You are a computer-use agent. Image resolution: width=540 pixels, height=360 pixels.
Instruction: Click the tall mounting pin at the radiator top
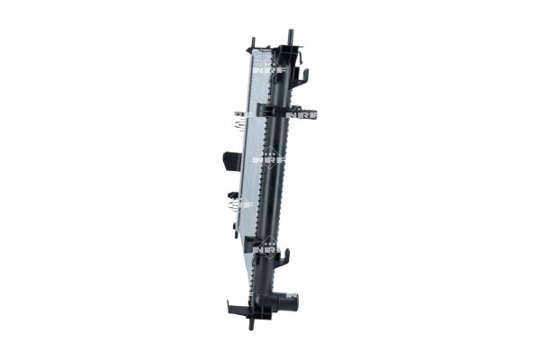[291, 38]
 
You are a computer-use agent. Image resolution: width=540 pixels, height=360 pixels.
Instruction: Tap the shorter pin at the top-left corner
[253, 43]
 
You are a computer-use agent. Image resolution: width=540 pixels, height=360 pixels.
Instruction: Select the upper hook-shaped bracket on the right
[303, 79]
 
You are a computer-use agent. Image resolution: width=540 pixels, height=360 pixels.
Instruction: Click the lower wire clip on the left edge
[236, 203]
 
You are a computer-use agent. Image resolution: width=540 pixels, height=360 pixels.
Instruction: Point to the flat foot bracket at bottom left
[236, 309]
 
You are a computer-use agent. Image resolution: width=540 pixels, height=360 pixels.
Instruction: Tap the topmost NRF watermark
[265, 67]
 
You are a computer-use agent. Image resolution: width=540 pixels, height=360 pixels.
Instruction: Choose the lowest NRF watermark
[267, 244]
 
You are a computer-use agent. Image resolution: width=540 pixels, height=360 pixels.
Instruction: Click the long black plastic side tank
[279, 180]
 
